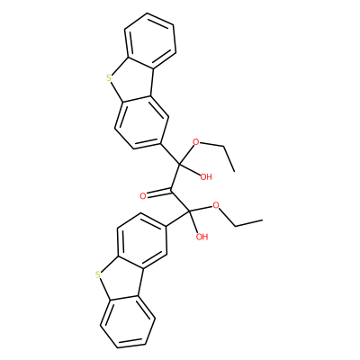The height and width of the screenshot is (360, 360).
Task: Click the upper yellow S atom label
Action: click(109, 79)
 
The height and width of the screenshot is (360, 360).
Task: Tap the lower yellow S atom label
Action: click(96, 274)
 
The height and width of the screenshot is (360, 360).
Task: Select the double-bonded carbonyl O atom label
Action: click(143, 196)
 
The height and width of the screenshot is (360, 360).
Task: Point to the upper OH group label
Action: click(206, 177)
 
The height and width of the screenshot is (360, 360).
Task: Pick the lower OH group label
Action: click(202, 237)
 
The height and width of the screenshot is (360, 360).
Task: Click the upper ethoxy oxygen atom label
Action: click(196, 141)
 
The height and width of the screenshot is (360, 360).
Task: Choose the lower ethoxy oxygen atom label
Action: click(216, 206)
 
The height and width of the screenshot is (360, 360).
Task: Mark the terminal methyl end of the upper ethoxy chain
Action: click(234, 171)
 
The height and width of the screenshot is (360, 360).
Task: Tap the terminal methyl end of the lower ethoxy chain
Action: click(263, 220)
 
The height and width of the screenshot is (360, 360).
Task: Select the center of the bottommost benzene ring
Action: click(128, 322)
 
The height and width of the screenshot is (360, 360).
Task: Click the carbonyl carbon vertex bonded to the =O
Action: click(171, 190)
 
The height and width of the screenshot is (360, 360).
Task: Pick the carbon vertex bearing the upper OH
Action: click(179, 164)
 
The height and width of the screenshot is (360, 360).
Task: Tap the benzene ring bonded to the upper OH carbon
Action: click(140, 122)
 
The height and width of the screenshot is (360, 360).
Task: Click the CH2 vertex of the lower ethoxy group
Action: click(236, 226)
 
